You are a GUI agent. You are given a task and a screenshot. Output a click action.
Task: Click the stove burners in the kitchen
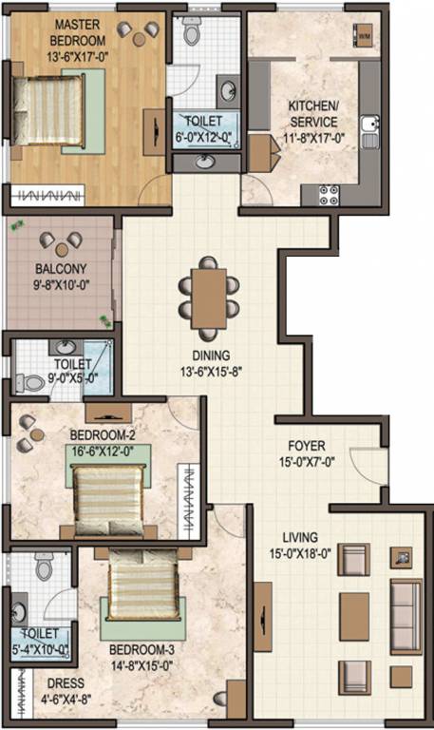pyautogui.click(x=330, y=194)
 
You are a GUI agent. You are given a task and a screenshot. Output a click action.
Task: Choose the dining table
pyautogui.click(x=209, y=293)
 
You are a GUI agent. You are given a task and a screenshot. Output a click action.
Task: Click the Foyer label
pyautogui.click(x=306, y=445)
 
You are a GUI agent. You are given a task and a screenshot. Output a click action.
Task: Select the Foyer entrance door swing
pyautogui.click(x=365, y=464)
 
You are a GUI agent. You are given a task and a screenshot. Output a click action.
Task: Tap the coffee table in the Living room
pyautogui.click(x=353, y=608)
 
